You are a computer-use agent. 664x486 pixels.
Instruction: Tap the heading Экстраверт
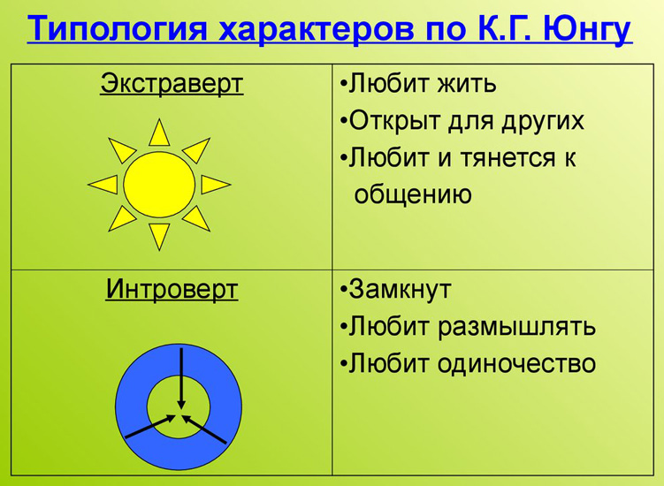[172, 85]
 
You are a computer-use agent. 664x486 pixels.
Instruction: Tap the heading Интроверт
[172, 289]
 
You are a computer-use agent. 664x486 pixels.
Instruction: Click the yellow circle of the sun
[159, 185]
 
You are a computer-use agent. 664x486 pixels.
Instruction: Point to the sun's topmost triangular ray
[159, 133]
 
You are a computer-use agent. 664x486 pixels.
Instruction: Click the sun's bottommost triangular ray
[159, 235]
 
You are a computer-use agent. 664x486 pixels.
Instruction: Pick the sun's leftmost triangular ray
[104, 184]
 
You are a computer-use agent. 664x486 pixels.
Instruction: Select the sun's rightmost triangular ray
[214, 185]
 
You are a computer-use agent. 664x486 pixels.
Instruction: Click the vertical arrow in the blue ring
[181, 376]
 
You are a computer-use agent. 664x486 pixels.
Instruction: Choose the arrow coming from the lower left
[149, 427]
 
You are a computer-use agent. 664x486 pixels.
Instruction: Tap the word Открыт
[393, 121]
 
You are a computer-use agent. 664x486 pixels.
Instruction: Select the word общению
[413, 194]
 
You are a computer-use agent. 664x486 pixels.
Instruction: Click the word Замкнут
[401, 289]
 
